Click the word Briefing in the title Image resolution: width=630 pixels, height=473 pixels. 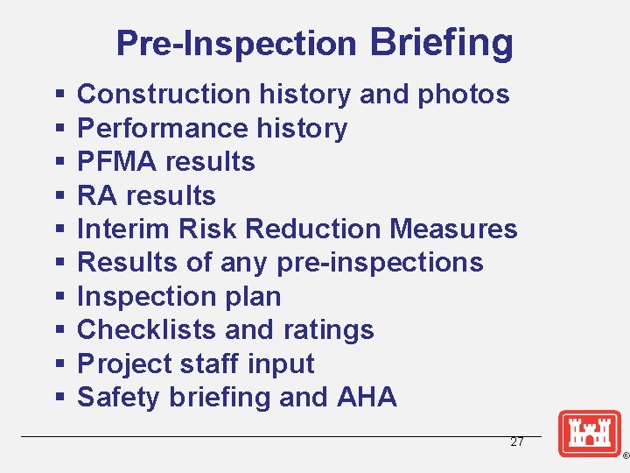[442, 42]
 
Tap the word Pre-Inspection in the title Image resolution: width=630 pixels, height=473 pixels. [236, 43]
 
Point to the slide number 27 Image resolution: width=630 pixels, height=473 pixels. [517, 442]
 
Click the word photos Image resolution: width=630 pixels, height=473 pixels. [464, 94]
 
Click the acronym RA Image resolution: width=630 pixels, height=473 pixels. [96, 195]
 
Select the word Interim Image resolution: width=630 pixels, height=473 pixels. [123, 229]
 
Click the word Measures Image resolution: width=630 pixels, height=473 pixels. [454, 229]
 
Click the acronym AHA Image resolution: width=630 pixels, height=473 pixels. [367, 397]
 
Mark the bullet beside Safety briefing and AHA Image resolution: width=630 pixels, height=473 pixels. [59, 398]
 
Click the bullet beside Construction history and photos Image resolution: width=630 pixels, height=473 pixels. [59, 95]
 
